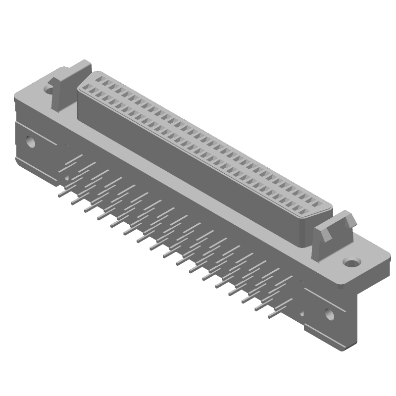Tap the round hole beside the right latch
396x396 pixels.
pyautogui.click(x=352, y=260)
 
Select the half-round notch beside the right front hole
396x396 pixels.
pyautogui.click(x=301, y=313)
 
